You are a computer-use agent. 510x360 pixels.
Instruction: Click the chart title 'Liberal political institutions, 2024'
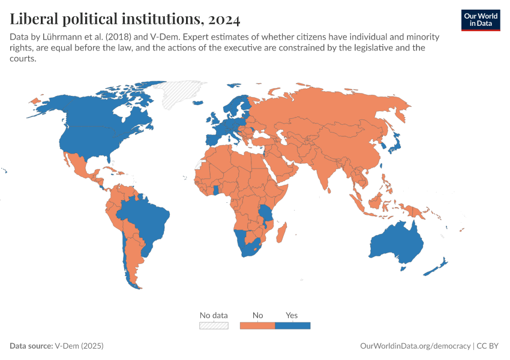pos(125,20)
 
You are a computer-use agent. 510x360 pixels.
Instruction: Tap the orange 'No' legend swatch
pos(257,325)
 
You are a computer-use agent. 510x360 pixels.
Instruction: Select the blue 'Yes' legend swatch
pos(292,325)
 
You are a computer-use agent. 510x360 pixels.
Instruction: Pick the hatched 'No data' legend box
pos(214,325)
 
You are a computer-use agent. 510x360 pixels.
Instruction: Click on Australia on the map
pos(396,243)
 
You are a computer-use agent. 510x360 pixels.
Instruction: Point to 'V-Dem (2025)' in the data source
pos(79,346)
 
